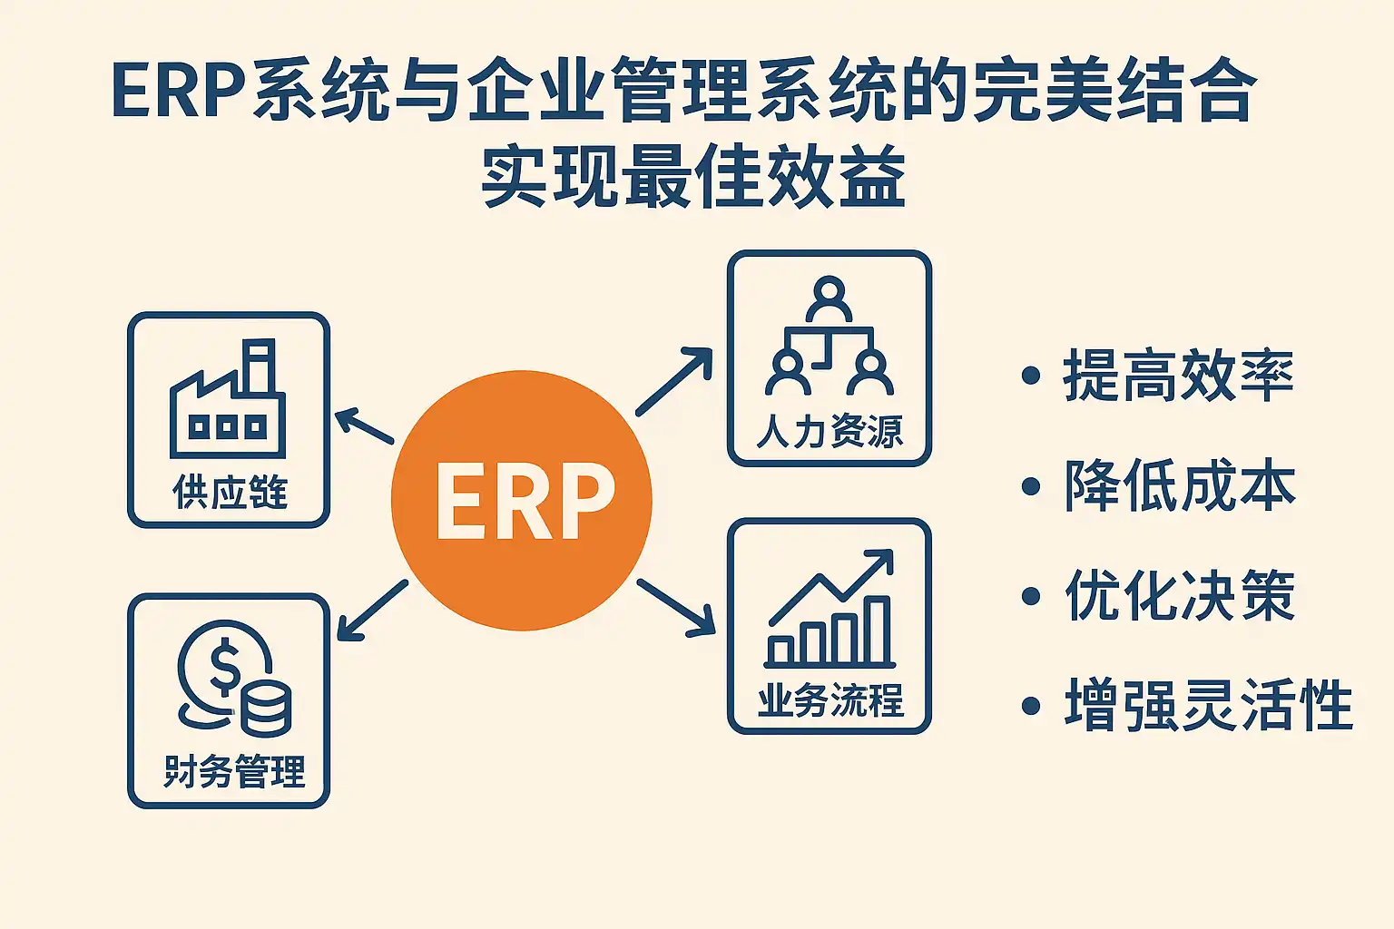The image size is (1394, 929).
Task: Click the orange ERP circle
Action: click(x=522, y=500)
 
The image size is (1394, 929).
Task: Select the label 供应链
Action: click(x=230, y=493)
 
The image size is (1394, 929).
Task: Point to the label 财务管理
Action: click(x=234, y=772)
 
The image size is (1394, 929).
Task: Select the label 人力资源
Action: click(x=830, y=432)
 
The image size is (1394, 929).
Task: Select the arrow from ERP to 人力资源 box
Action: click(x=674, y=381)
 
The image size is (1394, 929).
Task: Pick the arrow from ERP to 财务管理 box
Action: click(x=372, y=611)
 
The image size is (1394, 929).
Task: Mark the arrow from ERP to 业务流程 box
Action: click(x=676, y=606)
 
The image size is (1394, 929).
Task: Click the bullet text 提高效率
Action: click(x=1178, y=376)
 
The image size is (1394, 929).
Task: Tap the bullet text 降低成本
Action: click(x=1180, y=486)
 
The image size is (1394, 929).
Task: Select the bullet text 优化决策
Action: click(x=1180, y=596)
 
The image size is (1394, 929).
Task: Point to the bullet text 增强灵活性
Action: click(x=1208, y=706)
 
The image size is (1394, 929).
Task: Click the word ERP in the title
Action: click(x=179, y=91)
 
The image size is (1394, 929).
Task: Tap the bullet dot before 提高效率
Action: click(x=1030, y=376)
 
